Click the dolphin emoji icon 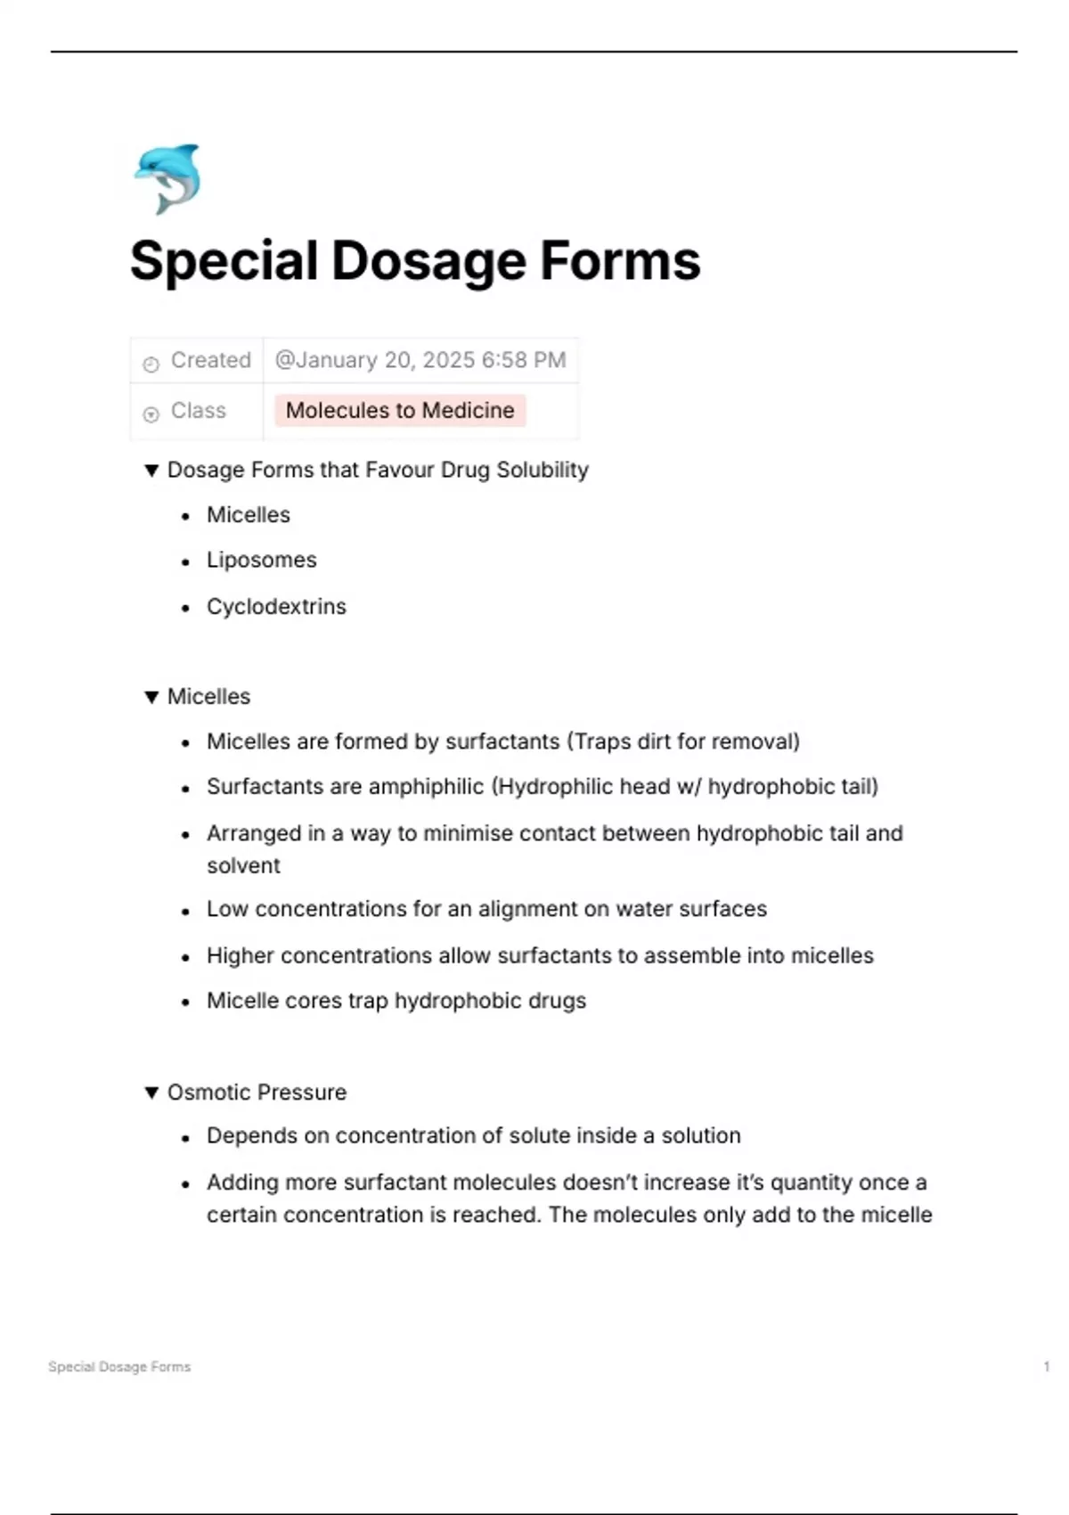pos(167,178)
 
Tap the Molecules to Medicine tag pos(400,411)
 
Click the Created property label pos(210,360)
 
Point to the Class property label pos(198,411)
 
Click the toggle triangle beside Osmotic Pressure pos(151,1093)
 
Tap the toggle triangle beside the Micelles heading pos(151,697)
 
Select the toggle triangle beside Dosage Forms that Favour pos(151,471)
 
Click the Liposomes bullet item pos(261,561)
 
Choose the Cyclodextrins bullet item pos(276,607)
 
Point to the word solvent pos(243,865)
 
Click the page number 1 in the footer pos(1046,1366)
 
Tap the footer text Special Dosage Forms pos(119,1366)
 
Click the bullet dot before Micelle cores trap pos(185,1003)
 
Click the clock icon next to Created pos(151,364)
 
